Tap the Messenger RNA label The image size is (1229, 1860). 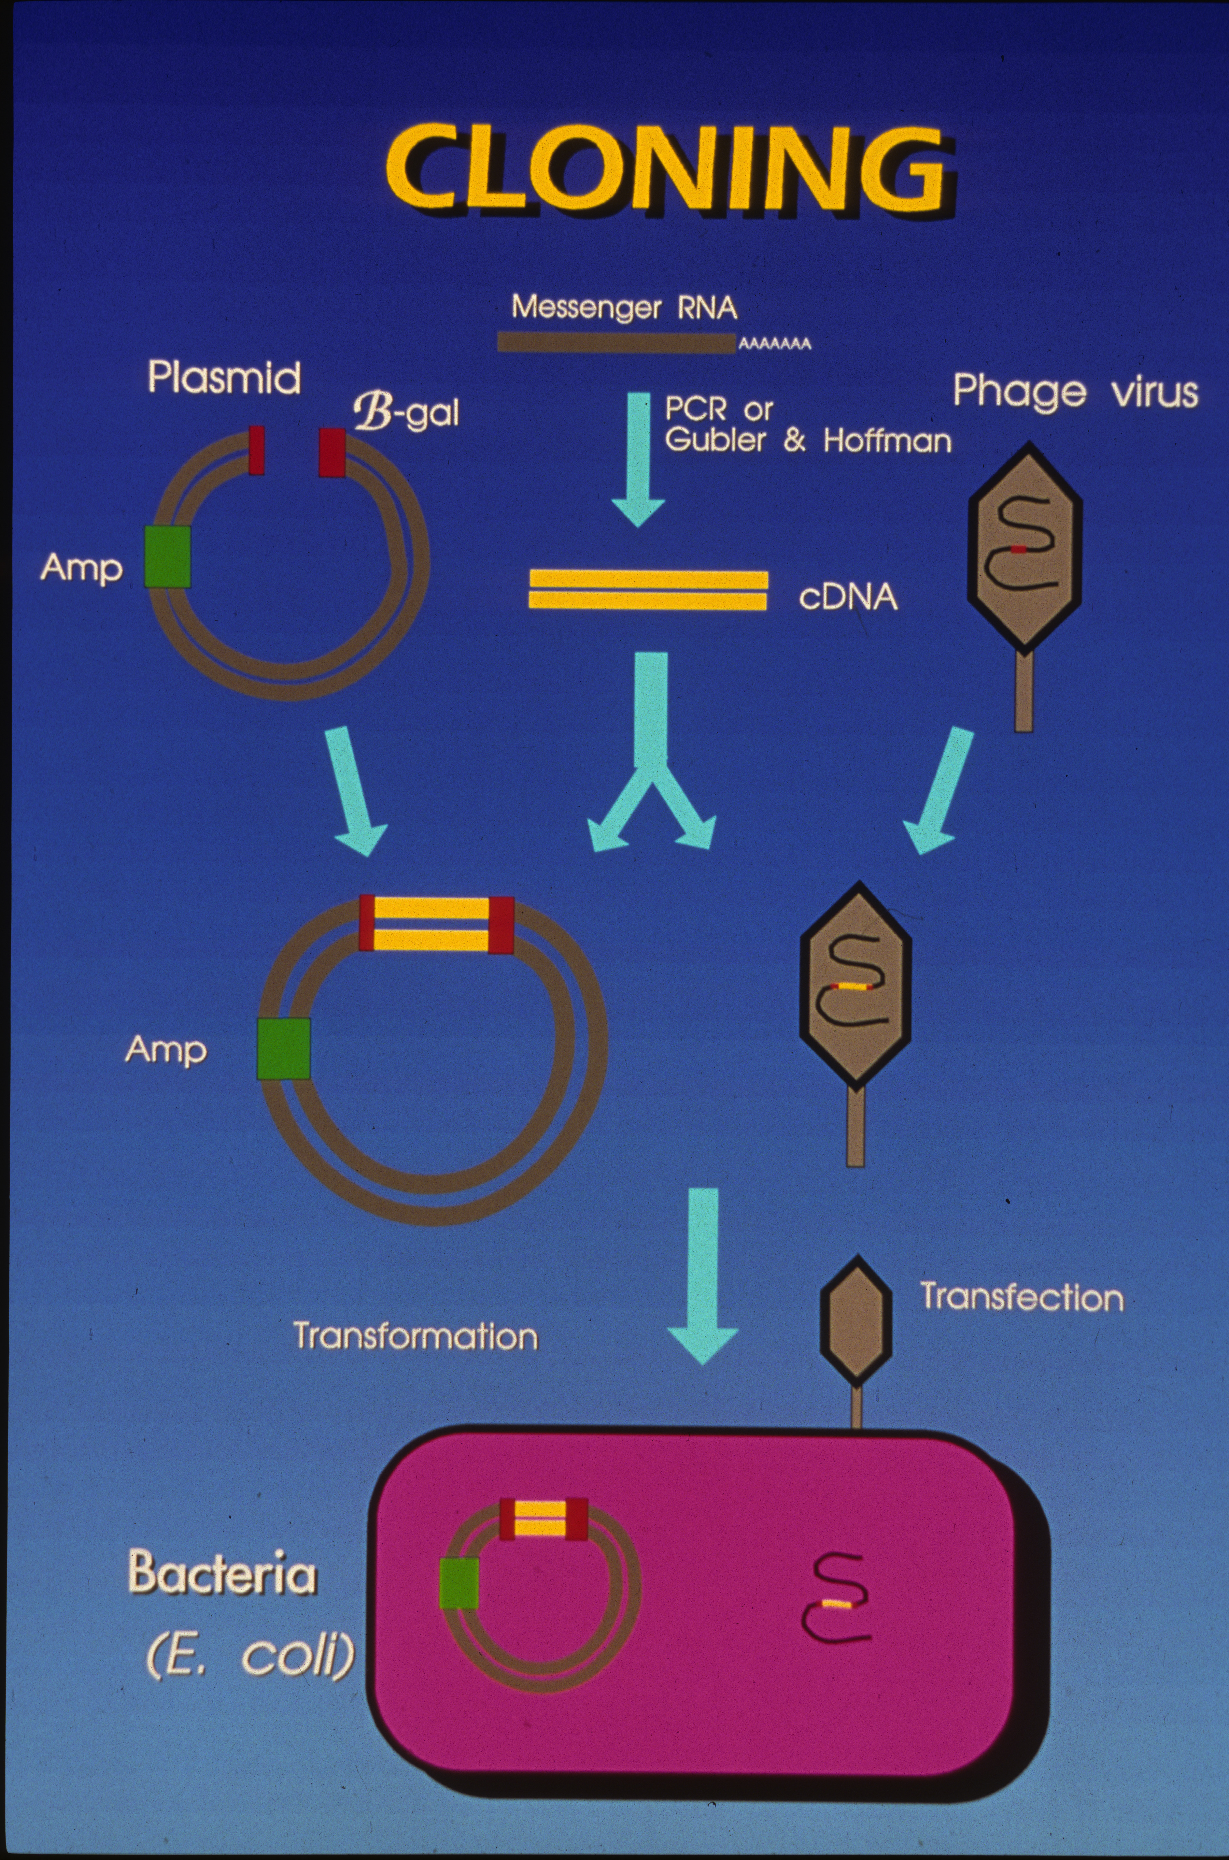(x=625, y=307)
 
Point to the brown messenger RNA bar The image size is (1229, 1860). (x=616, y=342)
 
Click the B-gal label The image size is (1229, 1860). (x=406, y=413)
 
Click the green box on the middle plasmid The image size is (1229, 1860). (x=284, y=1048)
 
